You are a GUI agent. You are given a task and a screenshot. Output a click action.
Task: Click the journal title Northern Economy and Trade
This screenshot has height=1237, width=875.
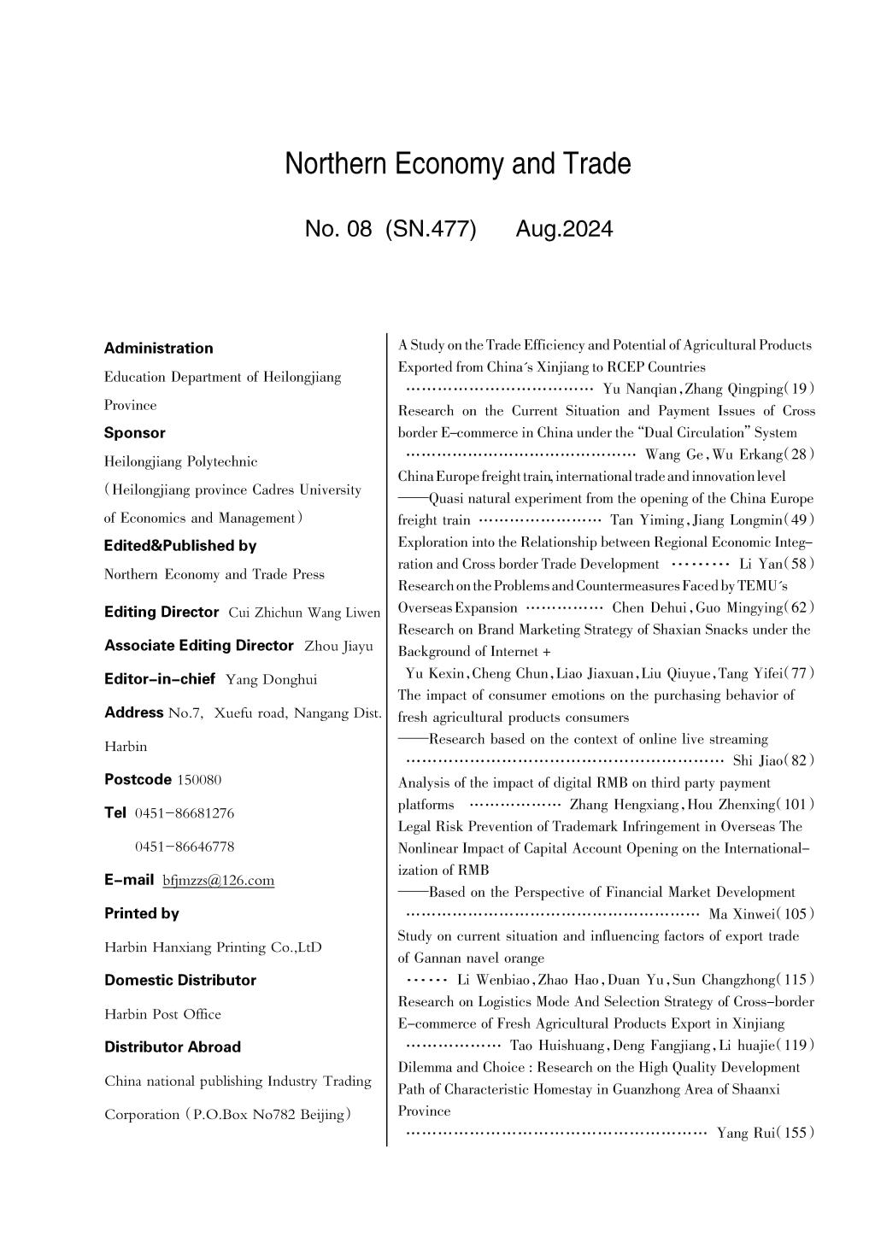[458, 163]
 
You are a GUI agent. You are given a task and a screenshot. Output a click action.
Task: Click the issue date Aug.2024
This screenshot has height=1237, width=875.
[564, 229]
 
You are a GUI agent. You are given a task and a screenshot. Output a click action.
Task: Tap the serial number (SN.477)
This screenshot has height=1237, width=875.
[431, 229]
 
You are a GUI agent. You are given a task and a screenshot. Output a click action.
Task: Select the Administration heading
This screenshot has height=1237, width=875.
[158, 348]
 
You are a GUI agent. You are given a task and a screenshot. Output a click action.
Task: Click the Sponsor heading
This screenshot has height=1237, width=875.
[134, 432]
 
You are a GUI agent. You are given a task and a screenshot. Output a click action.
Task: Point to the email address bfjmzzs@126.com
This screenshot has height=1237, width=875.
[218, 880]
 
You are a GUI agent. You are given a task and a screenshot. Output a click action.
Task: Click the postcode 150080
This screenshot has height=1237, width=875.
[199, 779]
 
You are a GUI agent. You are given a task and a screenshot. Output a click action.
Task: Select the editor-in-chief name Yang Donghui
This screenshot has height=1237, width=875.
[271, 679]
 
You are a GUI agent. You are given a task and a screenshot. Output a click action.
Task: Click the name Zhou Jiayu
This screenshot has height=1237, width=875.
[338, 646]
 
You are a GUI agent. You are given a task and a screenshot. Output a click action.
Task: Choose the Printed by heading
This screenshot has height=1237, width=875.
[141, 913]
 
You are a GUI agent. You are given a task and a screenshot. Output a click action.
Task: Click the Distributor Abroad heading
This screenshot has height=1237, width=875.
[172, 1046]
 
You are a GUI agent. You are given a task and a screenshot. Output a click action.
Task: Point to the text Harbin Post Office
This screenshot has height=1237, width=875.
[162, 1014]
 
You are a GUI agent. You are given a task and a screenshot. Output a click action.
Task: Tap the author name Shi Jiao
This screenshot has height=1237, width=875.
[753, 760]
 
